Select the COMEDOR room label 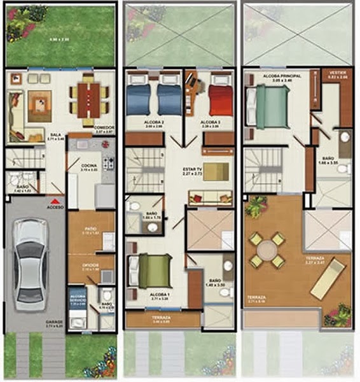[104, 128]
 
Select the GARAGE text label [53, 322]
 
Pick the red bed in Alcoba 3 [221, 99]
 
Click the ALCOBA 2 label [153, 122]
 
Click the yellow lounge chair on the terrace [328, 279]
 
